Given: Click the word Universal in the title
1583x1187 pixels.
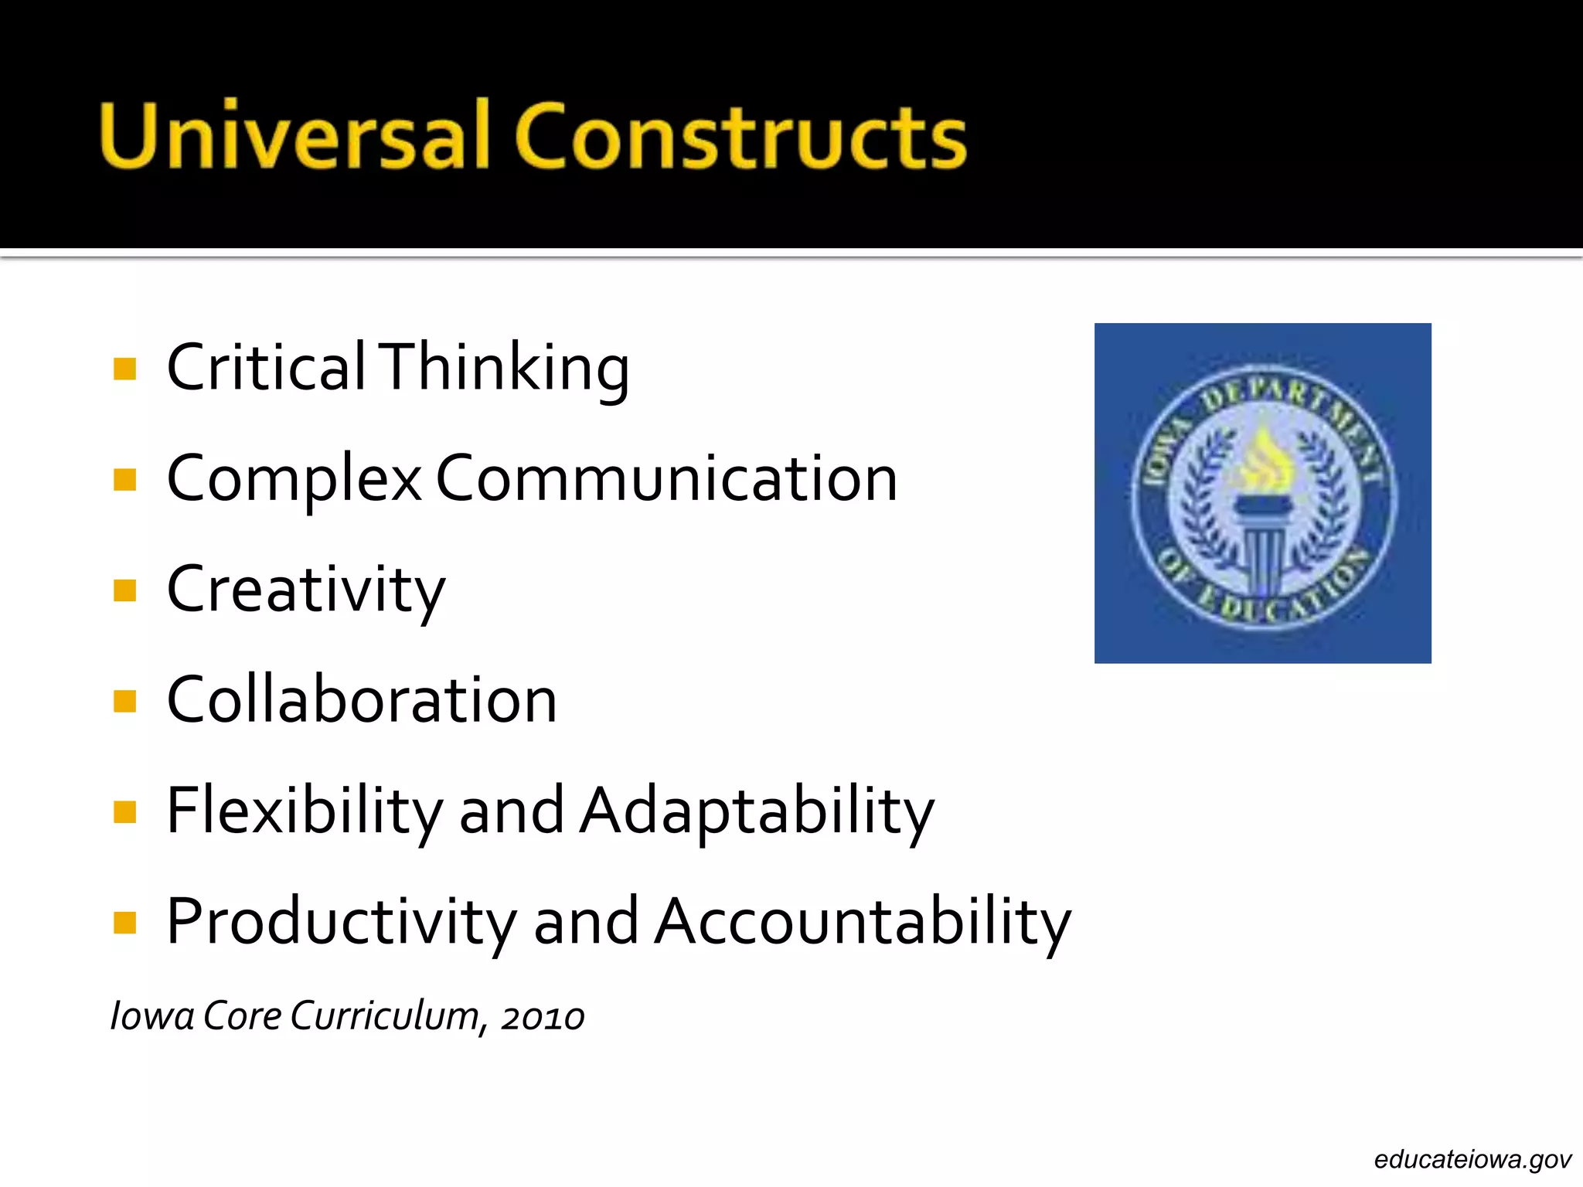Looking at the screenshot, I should click(x=294, y=135).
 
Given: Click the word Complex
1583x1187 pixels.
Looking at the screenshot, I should click(x=294, y=479).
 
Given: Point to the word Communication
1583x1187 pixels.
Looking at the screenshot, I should click(x=666, y=479).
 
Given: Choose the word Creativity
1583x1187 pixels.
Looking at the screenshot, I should click(x=306, y=590).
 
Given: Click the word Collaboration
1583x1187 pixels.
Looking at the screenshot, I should click(x=362, y=700).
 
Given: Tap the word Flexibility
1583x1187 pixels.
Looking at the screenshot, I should click(x=305, y=811).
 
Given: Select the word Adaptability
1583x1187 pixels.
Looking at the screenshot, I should click(x=757, y=811).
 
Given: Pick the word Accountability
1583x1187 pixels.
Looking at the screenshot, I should click(x=863, y=922).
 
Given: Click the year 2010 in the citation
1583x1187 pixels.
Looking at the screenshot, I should click(x=543, y=1017).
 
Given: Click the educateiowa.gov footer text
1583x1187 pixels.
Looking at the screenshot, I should click(x=1472, y=1159).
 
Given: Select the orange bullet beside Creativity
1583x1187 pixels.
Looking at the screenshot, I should click(x=124, y=590).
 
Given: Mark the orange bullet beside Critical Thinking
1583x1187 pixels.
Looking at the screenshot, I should click(x=124, y=369).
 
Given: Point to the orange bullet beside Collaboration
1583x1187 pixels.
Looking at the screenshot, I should click(x=124, y=701).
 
